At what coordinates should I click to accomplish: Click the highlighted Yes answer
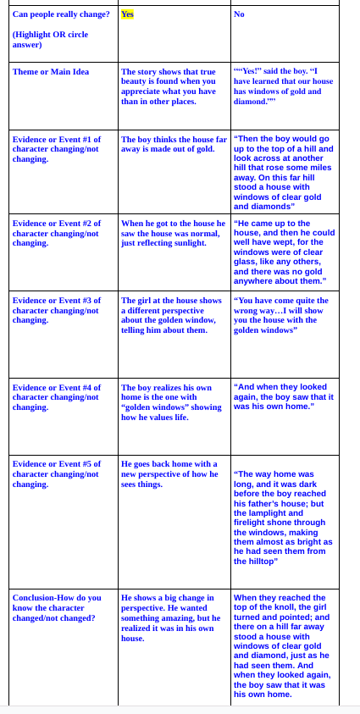127,14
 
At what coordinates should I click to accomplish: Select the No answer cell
239,14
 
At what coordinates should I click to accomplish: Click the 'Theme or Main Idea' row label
51,72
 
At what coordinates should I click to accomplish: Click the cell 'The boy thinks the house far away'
174,144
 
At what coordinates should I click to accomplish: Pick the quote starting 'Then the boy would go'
283,172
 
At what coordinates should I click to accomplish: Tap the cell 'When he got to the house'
173,233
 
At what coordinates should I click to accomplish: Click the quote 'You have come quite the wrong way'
282,315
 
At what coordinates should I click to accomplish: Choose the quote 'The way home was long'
283,517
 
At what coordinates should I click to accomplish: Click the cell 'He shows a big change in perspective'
172,617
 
